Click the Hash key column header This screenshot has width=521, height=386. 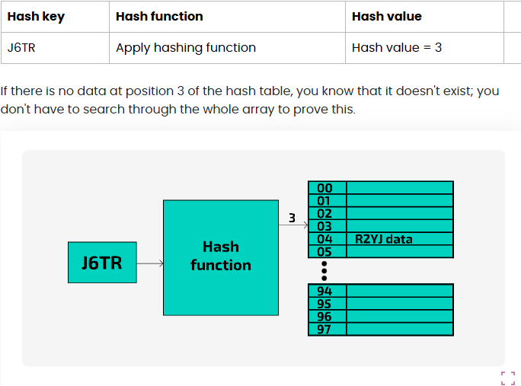click(x=35, y=17)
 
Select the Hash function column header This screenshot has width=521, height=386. click(x=159, y=17)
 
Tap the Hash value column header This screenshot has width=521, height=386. click(x=386, y=17)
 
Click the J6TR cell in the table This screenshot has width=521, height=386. click(x=22, y=47)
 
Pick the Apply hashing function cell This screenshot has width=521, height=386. click(x=185, y=47)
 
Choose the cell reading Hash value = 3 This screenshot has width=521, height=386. click(x=396, y=47)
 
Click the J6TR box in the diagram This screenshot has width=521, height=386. click(x=102, y=263)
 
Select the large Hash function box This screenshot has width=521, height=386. click(x=220, y=257)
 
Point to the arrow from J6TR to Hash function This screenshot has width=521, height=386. click(x=150, y=263)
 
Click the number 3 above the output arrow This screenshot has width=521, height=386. click(x=292, y=219)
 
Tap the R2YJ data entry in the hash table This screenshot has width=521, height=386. click(x=384, y=239)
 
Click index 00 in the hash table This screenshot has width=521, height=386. click(x=325, y=188)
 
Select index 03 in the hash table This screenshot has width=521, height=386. click(x=325, y=226)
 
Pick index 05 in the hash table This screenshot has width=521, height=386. click(x=325, y=251)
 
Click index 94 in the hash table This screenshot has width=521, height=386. click(x=325, y=291)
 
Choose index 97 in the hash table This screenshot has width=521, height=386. click(x=325, y=329)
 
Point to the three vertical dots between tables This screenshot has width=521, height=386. click(x=324, y=271)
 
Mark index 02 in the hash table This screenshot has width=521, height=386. click(x=325, y=214)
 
